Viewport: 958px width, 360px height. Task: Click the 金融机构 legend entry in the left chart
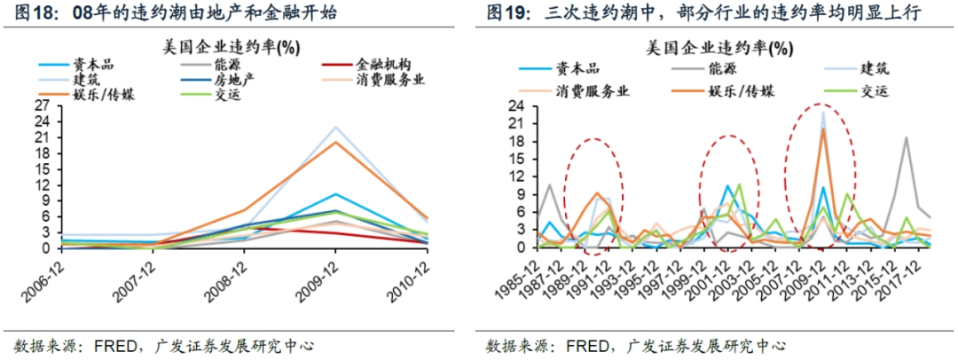382,65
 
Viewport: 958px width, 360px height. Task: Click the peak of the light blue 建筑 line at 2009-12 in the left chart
334,127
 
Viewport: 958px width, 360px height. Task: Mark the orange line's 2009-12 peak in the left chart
334,142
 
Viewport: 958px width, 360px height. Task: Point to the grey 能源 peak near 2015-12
906,137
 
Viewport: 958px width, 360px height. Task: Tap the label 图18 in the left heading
31,13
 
